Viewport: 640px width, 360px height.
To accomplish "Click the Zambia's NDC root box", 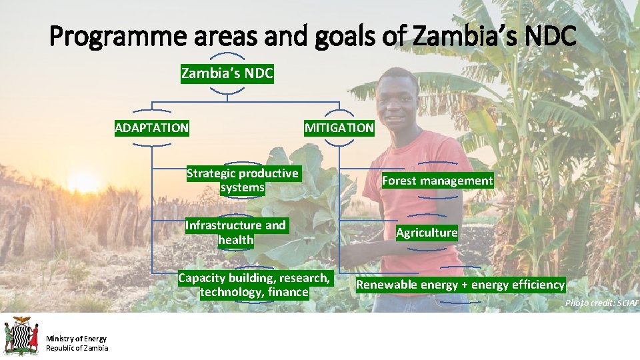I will pos(227,73).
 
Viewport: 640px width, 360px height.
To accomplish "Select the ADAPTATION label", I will pos(152,127).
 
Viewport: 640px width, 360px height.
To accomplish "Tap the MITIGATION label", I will pos(339,127).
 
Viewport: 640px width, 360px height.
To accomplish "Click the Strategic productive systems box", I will pos(243,181).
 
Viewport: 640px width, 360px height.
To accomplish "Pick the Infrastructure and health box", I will pos(236,233).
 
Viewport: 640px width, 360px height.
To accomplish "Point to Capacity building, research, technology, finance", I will pos(254,285).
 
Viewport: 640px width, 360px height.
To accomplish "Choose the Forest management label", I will pos(437,181).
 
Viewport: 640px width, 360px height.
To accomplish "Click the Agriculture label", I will pos(427,233).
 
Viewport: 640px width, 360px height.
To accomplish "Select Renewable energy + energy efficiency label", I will pos(460,285).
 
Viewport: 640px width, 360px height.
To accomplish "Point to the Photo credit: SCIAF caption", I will pos(601,303).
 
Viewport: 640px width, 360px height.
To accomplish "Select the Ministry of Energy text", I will pos(76,339).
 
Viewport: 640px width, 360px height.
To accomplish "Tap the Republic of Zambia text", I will pos(77,348).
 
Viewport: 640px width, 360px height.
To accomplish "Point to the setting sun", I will pos(83,181).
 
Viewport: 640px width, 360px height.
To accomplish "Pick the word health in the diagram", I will pos(236,240).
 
